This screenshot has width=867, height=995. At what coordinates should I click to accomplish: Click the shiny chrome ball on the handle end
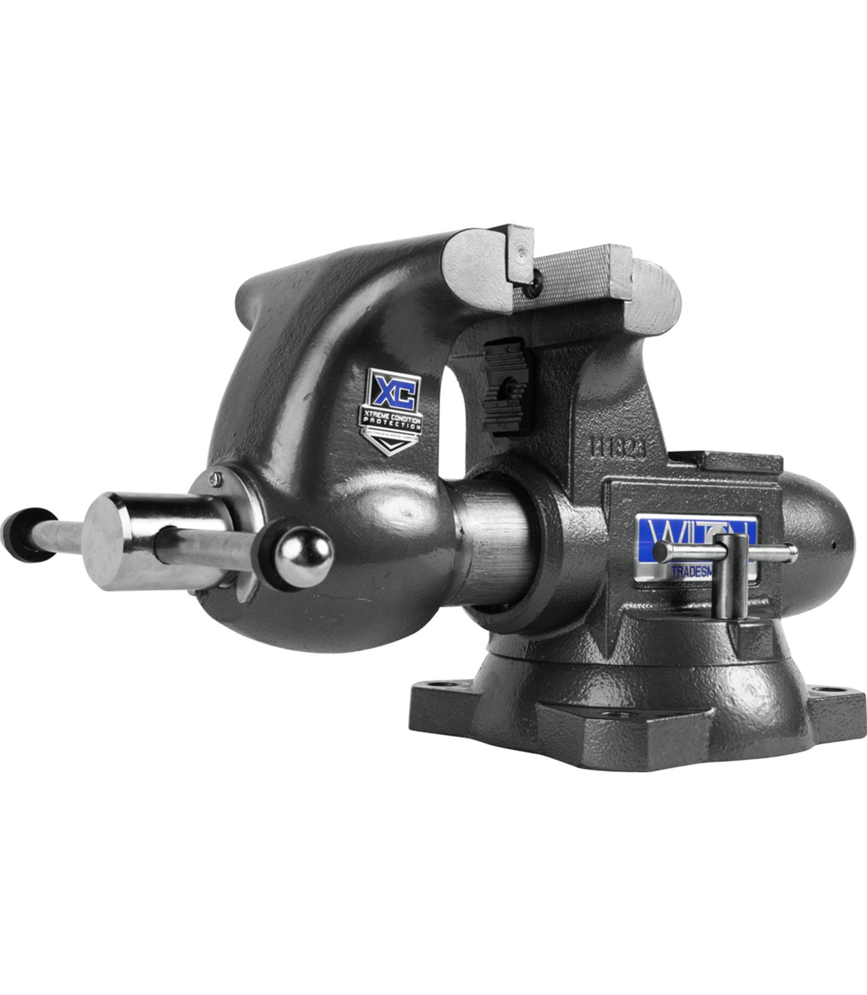(304, 557)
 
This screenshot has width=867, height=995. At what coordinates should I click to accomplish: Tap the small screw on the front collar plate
(215, 478)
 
